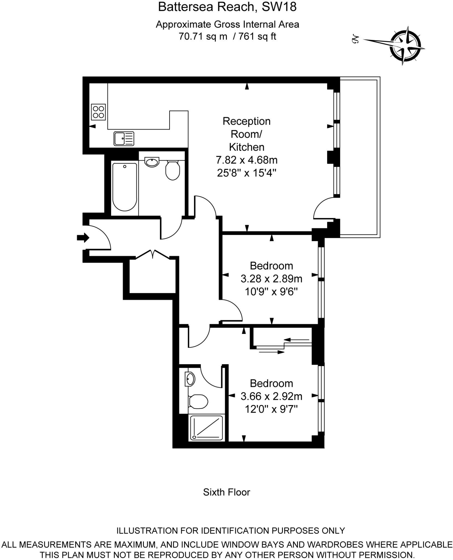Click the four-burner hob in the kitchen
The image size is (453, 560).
pyautogui.click(x=98, y=112)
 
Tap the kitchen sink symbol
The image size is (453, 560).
pyautogui.click(x=124, y=138)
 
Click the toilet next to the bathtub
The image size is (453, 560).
pyautogui.click(x=172, y=170)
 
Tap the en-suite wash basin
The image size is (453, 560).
pyautogui.click(x=190, y=379)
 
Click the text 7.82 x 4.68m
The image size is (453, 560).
pyautogui.click(x=246, y=160)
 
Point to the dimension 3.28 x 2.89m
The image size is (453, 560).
pyautogui.click(x=271, y=279)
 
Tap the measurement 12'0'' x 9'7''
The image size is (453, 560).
pyautogui.click(x=271, y=409)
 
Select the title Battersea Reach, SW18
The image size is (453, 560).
pyautogui.click(x=227, y=7)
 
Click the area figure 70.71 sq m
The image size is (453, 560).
pyautogui.click(x=203, y=36)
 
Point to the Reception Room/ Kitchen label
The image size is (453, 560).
pyautogui.click(x=246, y=134)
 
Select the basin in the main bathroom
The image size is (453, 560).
pyautogui.click(x=152, y=162)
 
